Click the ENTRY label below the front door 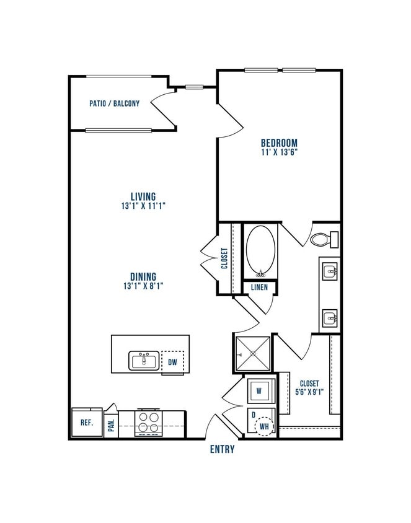click(x=222, y=449)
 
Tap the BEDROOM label click(x=279, y=143)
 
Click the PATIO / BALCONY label click(x=114, y=103)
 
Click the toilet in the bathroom click(x=322, y=239)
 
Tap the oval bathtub click(x=260, y=252)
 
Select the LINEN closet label click(x=259, y=288)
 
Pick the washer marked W click(x=261, y=391)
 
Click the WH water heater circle click(x=265, y=426)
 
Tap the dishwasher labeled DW click(x=173, y=361)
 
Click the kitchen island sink click(x=144, y=360)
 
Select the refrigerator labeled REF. click(x=86, y=424)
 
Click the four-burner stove click(x=149, y=423)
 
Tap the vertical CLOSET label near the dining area click(x=224, y=258)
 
